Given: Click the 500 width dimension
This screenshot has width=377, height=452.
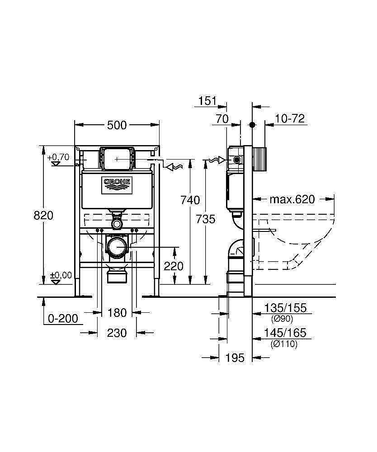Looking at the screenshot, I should point(117,125).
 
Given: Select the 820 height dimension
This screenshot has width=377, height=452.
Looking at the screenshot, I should point(43,216).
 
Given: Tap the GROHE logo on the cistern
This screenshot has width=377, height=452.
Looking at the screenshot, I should point(117,182).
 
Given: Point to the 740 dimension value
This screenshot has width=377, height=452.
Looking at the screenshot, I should point(190,200).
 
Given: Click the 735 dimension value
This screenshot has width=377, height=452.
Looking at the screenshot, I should point(206,219).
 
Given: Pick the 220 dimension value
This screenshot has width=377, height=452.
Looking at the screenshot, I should point(174,266).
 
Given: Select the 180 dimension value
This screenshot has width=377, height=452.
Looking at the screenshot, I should point(117,312).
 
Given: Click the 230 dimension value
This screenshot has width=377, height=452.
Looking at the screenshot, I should point(117,333).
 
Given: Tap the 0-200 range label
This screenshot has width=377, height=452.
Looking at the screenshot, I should point(63,319).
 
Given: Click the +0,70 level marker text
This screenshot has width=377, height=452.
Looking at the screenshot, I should point(58,157).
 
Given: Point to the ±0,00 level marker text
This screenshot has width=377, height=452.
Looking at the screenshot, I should point(61,275).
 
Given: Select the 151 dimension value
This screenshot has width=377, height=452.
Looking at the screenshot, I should point(207,101).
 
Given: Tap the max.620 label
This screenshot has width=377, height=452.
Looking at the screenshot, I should point(292,199).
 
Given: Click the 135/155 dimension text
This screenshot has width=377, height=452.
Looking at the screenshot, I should point(285,308).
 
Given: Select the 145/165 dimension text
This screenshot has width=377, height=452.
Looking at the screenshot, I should point(285,333).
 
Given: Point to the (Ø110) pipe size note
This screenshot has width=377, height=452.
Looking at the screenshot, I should point(284,344).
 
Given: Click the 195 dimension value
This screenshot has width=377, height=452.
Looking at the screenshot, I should point(235,358).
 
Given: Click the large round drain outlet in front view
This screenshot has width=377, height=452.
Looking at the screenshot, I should point(118,247).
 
